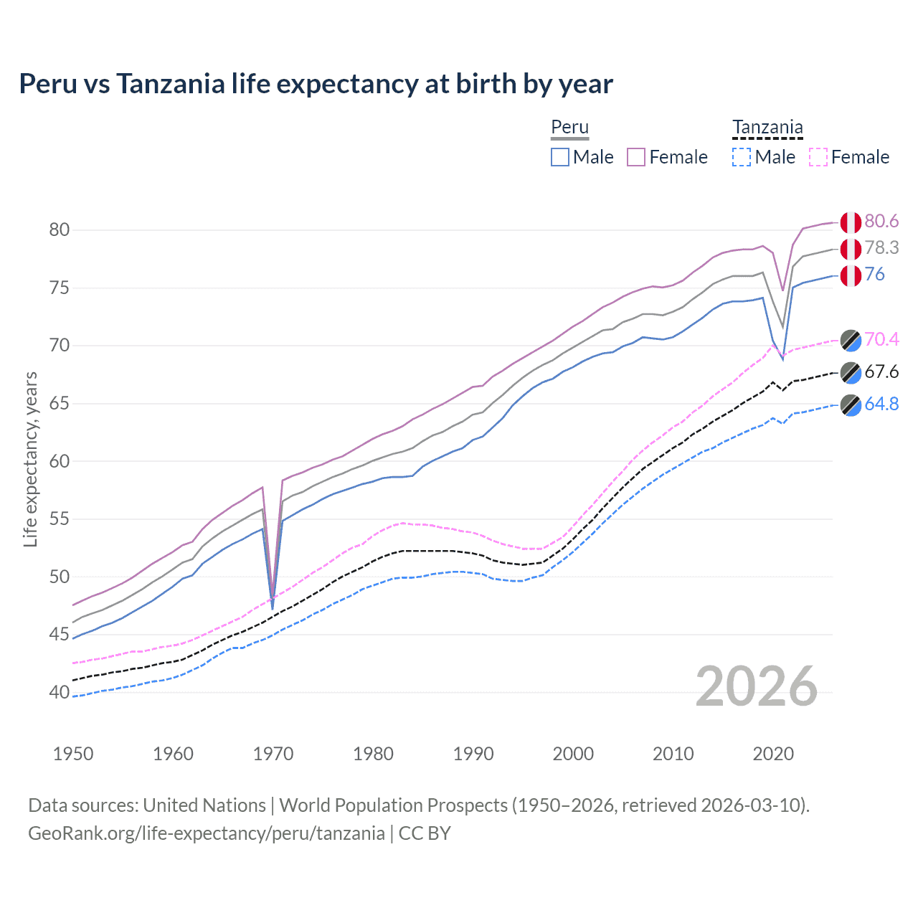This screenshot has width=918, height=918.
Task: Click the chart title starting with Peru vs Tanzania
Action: (x=316, y=84)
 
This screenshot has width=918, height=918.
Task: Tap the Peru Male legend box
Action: (x=560, y=157)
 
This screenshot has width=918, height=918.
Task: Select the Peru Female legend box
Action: (x=636, y=157)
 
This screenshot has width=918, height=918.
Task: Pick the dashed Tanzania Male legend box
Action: (x=742, y=157)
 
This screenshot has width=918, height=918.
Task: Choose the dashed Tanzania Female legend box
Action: (x=818, y=157)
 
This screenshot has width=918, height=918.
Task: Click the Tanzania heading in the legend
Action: (x=767, y=128)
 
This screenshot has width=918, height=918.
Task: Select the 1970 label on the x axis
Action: (x=273, y=754)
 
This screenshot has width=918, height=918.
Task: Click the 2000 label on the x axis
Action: (x=573, y=754)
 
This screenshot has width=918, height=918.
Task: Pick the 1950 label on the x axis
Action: (x=73, y=754)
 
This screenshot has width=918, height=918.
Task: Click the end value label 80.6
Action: (x=881, y=222)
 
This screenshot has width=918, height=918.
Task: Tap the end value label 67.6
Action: (x=881, y=372)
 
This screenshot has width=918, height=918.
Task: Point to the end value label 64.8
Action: (x=881, y=404)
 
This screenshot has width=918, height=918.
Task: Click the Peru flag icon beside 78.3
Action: (x=851, y=249)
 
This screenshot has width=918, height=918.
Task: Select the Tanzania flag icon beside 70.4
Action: (x=851, y=340)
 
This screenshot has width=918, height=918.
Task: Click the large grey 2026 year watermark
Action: (x=757, y=686)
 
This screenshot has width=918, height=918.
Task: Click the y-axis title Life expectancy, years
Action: (x=31, y=459)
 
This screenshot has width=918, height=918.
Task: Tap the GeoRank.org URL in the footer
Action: (x=207, y=833)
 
